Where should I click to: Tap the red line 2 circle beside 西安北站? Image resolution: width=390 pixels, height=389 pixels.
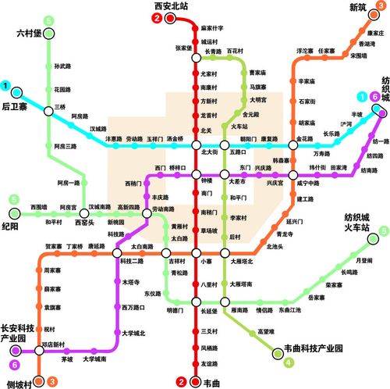158,18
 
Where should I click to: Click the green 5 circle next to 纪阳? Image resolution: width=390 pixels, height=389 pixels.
13,200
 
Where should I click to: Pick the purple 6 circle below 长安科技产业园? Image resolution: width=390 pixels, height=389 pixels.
13,364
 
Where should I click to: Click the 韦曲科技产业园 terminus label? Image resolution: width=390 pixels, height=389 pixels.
317,348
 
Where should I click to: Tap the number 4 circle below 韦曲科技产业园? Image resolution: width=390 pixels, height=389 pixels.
289,362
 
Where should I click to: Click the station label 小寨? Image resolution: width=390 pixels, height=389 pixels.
206,262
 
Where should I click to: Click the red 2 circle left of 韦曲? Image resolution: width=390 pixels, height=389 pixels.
182,381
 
